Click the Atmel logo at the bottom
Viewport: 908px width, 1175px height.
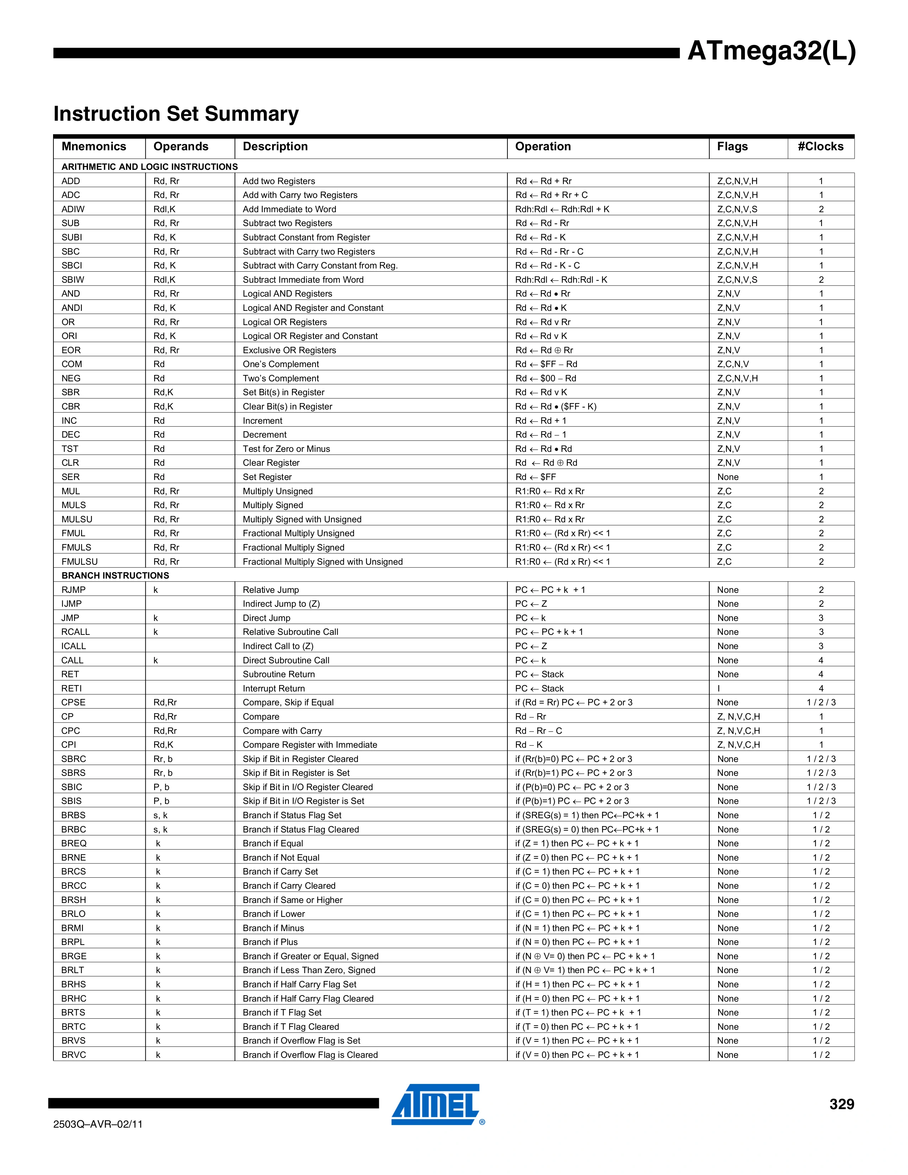[436, 1104]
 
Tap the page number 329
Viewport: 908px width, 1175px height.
[841, 1104]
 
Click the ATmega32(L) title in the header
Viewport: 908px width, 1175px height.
[771, 52]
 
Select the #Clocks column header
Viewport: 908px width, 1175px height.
[820, 147]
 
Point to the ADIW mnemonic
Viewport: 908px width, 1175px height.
[73, 209]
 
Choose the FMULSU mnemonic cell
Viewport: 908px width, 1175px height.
[80, 562]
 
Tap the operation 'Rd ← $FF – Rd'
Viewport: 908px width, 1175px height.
[546, 364]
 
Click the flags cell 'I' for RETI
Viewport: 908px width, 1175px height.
[719, 689]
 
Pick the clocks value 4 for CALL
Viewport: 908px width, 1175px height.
[821, 660]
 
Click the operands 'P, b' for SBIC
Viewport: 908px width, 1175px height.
[161, 787]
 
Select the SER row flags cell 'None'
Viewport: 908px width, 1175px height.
[728, 477]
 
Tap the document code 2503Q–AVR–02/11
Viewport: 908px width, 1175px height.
[98, 1124]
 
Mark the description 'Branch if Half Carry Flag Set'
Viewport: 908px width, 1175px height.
[299, 985]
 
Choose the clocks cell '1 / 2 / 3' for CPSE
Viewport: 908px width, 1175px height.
[821, 703]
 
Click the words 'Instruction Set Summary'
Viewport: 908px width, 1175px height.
[176, 114]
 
